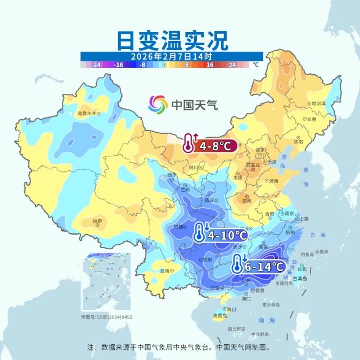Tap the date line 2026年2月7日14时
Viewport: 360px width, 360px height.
[172, 56]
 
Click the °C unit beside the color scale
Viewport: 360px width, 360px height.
[255, 65]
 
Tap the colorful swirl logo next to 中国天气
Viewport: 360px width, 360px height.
[158, 104]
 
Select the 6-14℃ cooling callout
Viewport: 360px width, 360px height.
[259, 265]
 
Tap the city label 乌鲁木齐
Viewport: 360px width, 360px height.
[87, 113]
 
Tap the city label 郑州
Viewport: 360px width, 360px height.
[245, 200]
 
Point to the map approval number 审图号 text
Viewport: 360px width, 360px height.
[106, 317]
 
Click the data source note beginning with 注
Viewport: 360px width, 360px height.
[180, 347]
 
